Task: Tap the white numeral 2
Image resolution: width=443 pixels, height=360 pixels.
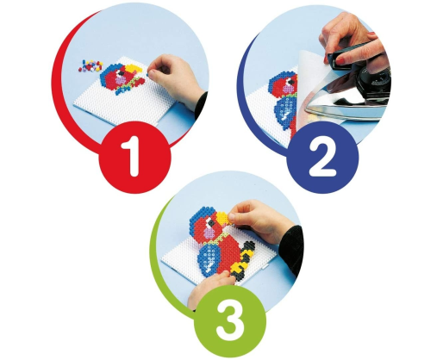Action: pos(322,158)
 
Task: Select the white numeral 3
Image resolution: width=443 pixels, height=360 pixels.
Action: pos(229,320)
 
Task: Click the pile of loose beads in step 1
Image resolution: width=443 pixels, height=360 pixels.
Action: pos(90,65)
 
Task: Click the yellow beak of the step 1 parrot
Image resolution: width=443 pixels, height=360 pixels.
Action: pos(134,69)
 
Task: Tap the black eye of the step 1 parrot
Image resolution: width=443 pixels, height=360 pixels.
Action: pos(121,73)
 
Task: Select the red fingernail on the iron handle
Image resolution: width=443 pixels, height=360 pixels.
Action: pos(340,60)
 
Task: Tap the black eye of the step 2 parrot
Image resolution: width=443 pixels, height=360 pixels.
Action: pos(291,83)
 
